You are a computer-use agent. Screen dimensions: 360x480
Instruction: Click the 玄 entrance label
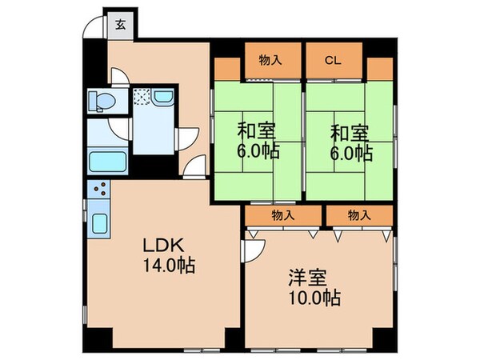pyautogui.click(x=120, y=23)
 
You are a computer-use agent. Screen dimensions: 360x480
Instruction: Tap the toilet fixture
pyautogui.click(x=102, y=100)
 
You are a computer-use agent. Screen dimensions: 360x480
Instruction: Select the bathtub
pyautogui.click(x=104, y=162)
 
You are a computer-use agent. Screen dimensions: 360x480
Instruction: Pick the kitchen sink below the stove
pyautogui.click(x=101, y=223)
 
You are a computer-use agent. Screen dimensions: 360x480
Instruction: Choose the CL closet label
pyautogui.click(x=333, y=59)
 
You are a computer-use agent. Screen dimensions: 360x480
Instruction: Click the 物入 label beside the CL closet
pyautogui.click(x=269, y=59)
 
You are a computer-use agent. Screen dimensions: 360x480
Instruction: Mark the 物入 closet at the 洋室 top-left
pyautogui.click(x=280, y=214)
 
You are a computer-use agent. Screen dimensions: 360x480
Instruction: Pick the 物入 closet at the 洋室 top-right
pyautogui.click(x=358, y=214)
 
